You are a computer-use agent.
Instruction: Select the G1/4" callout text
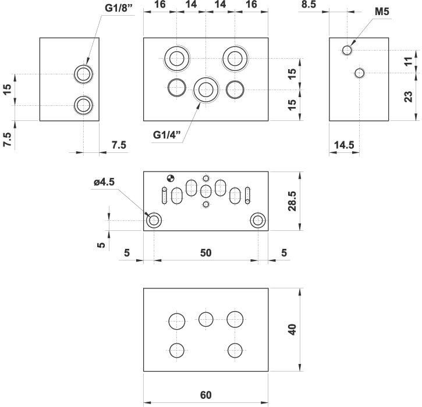tap(168, 135)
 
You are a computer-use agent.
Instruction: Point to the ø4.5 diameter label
tap(104, 182)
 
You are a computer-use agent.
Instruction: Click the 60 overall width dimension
tap(205, 395)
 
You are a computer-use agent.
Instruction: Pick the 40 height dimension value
tap(293, 329)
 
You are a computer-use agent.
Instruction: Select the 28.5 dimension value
tap(293, 201)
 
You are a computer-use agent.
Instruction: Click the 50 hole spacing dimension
tap(205, 252)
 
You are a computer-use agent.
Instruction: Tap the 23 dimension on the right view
tap(409, 97)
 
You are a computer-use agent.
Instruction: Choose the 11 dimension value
tap(409, 61)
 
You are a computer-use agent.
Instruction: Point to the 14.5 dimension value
tap(344, 145)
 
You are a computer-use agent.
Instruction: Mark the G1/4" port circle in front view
tap(205, 90)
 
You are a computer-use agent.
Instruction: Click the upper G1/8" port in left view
tap(83, 74)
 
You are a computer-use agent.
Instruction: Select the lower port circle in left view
tap(83, 105)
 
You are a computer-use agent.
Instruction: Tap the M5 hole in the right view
tap(347, 51)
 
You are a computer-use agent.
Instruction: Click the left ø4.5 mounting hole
tap(154, 220)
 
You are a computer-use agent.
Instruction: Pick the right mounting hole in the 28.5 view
tap(257, 220)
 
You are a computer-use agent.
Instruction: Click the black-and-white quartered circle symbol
tap(170, 178)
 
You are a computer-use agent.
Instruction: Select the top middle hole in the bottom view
tap(206, 319)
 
